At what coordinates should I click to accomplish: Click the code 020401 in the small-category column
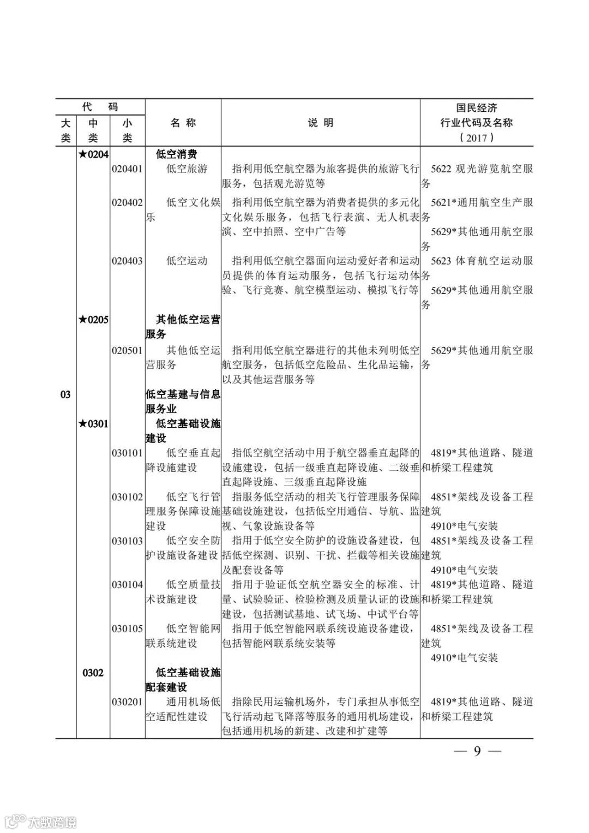point(127,169)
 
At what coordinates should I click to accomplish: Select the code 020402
point(127,202)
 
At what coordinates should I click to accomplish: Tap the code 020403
point(127,261)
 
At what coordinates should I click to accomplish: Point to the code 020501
point(127,350)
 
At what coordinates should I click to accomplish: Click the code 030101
point(127,453)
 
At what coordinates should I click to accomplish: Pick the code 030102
point(127,497)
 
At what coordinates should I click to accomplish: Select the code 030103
point(127,541)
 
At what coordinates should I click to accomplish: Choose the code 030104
point(127,585)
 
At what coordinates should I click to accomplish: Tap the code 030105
point(127,628)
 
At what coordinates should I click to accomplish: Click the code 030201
point(127,702)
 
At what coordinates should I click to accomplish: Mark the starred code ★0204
point(93,154)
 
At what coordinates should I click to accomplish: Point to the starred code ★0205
point(93,320)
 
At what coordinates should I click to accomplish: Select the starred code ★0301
point(93,423)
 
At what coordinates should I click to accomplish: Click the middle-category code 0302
point(93,673)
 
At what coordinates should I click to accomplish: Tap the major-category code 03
point(65,394)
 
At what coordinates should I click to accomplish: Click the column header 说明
point(320,123)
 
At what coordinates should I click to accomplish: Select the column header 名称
point(183,123)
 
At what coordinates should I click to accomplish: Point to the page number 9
point(477,751)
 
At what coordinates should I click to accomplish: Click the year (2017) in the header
point(477,137)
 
